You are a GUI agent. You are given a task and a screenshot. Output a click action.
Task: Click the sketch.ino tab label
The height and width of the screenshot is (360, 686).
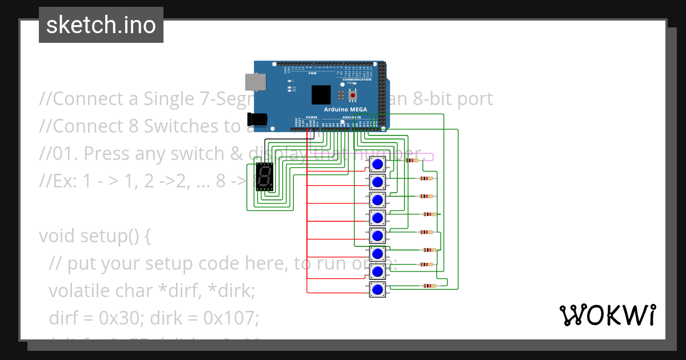coord(101,25)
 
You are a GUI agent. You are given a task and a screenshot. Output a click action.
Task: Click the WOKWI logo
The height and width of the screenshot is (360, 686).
coord(607,315)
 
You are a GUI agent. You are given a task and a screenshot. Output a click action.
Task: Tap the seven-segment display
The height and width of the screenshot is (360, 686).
coord(264,177)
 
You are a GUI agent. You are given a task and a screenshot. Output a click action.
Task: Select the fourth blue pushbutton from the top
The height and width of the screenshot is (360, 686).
coord(377,218)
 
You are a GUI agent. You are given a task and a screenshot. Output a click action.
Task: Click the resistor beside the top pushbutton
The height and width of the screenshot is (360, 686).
coord(412,161)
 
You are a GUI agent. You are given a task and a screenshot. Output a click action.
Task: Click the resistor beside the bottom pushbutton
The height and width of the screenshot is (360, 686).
coord(428,286)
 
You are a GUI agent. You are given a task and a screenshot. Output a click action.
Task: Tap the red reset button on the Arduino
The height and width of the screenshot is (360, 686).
coord(353,94)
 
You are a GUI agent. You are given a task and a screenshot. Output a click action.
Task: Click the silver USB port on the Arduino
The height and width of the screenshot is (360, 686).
coord(255,82)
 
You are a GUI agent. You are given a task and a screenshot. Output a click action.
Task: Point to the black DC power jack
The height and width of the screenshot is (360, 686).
coord(256,119)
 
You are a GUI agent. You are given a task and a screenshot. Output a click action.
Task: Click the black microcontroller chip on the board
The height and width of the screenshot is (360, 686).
coord(321,95)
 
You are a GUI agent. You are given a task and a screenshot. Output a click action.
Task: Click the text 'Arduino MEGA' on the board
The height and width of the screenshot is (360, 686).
coord(345,109)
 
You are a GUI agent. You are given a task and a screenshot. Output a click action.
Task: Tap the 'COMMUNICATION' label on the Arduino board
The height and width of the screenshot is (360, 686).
coord(357,79)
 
